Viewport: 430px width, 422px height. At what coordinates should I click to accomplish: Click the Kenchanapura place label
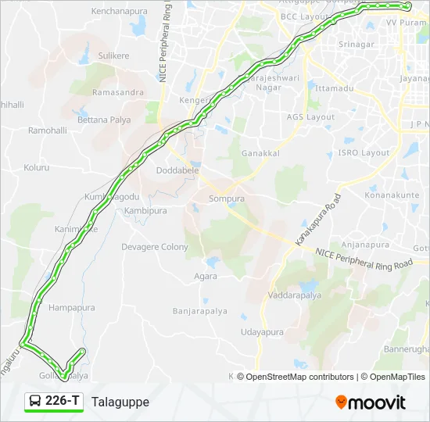tap(119, 12)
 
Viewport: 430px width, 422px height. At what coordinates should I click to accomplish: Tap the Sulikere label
tap(113, 56)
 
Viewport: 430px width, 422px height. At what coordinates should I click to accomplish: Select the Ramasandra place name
tap(118, 92)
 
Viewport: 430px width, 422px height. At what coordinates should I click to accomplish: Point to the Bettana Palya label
tap(103, 120)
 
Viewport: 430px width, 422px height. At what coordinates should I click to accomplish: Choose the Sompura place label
tap(227, 199)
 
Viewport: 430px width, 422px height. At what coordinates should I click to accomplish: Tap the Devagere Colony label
tap(155, 247)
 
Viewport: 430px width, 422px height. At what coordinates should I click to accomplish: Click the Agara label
tap(206, 277)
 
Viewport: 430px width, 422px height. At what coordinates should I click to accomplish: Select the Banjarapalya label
tap(200, 311)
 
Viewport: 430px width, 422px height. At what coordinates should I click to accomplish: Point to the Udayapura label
tap(262, 332)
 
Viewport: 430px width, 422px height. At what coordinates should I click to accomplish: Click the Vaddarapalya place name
tap(294, 295)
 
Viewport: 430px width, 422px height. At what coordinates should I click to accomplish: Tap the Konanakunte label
tap(390, 195)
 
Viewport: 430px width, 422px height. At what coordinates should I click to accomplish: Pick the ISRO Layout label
tap(364, 153)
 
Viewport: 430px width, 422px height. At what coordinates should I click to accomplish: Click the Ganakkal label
tap(260, 153)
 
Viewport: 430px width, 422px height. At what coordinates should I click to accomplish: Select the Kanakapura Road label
tap(317, 221)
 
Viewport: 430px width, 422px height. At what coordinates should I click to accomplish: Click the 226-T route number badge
tap(54, 402)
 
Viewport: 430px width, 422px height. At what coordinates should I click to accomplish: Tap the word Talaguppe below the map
tap(120, 402)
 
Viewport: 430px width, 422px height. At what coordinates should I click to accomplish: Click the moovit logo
tap(371, 402)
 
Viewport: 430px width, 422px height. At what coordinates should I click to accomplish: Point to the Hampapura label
tap(71, 308)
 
